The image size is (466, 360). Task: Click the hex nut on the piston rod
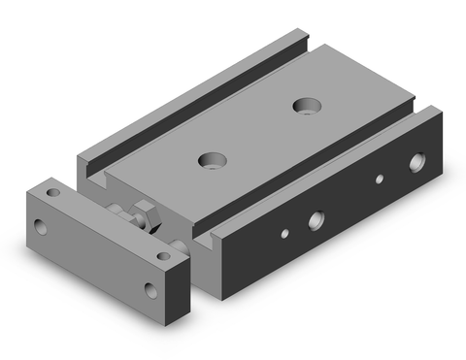click(x=145, y=213)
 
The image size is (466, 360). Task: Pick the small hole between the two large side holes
click(x=381, y=180)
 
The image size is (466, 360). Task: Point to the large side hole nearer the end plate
click(x=316, y=219)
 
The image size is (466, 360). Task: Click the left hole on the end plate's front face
click(x=40, y=229)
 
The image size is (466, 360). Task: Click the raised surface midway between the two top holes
click(x=257, y=131)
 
